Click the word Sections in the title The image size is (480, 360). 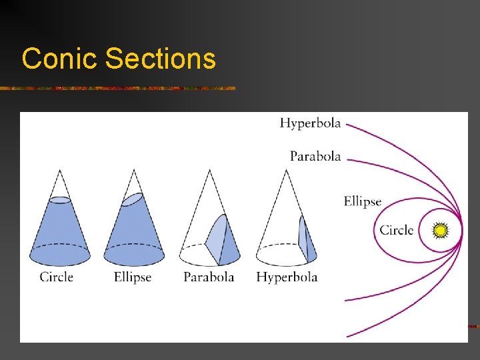pyautogui.click(x=161, y=59)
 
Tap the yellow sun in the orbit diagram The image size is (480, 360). pyautogui.click(x=440, y=231)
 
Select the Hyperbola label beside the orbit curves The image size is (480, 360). pyautogui.click(x=310, y=123)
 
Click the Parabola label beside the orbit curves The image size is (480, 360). pyautogui.click(x=315, y=157)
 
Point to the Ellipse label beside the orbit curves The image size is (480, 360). pyautogui.click(x=363, y=201)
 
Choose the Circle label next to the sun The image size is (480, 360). pyautogui.click(x=397, y=231)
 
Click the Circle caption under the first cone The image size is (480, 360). pyautogui.click(x=57, y=277)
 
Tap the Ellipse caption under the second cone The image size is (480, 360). pyautogui.click(x=133, y=277)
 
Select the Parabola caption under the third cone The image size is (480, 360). pyautogui.click(x=209, y=277)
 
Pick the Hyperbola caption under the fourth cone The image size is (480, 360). pyautogui.click(x=287, y=277)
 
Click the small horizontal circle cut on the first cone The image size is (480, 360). pyautogui.click(x=60, y=199)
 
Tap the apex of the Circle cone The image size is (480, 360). pyautogui.click(x=60, y=170)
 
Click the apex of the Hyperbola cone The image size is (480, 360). pyautogui.click(x=287, y=170)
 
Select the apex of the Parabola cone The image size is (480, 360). pyautogui.click(x=210, y=170)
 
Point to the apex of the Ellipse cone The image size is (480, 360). pyautogui.click(x=134, y=170)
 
